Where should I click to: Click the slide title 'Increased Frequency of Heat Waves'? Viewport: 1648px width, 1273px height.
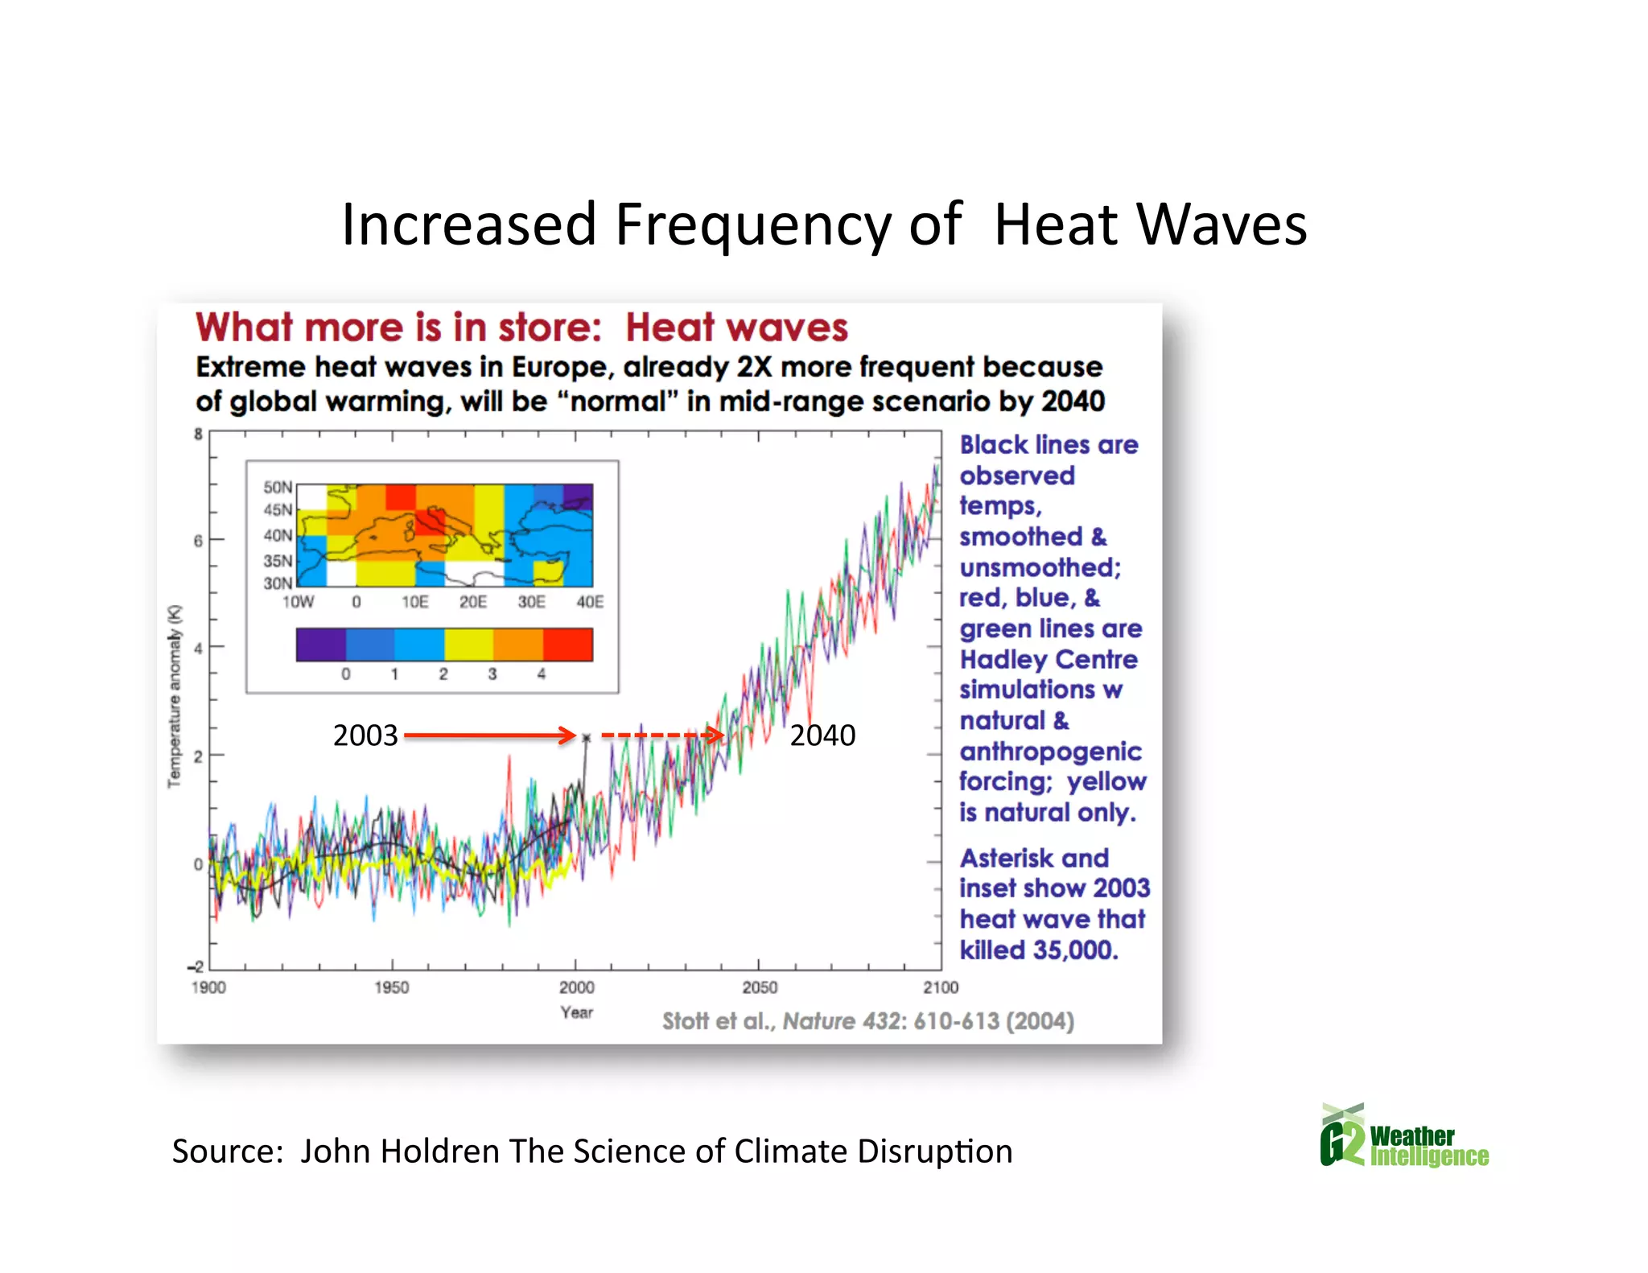[x=823, y=224]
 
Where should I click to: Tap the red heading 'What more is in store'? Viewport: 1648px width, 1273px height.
[x=398, y=328]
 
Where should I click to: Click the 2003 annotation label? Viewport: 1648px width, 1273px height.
[x=365, y=735]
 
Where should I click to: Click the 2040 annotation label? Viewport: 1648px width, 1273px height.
[x=822, y=735]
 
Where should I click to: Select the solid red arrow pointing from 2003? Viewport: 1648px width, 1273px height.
[x=489, y=735]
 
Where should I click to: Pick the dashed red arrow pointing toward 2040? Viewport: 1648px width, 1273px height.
[x=662, y=735]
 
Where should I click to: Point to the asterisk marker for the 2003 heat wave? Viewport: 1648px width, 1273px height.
[x=587, y=737]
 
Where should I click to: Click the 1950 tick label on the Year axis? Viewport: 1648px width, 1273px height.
[x=392, y=987]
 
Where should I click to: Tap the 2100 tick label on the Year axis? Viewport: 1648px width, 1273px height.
[x=940, y=987]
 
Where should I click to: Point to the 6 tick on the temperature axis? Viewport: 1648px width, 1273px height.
[x=198, y=541]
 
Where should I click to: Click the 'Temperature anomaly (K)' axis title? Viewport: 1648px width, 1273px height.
[x=174, y=696]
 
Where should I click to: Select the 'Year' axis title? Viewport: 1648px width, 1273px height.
[x=576, y=1012]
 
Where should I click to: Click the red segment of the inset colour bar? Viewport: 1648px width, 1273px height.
[x=568, y=645]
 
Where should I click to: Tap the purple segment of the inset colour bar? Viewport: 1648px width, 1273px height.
[x=320, y=645]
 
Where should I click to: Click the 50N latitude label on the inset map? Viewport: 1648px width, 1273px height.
[x=277, y=487]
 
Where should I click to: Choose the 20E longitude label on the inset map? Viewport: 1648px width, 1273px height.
[x=473, y=602]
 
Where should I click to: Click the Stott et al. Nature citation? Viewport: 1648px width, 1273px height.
[x=867, y=1021]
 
